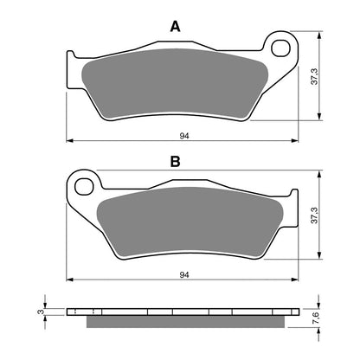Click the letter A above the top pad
point(175,27)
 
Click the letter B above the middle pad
point(175,161)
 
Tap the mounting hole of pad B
point(84,183)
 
